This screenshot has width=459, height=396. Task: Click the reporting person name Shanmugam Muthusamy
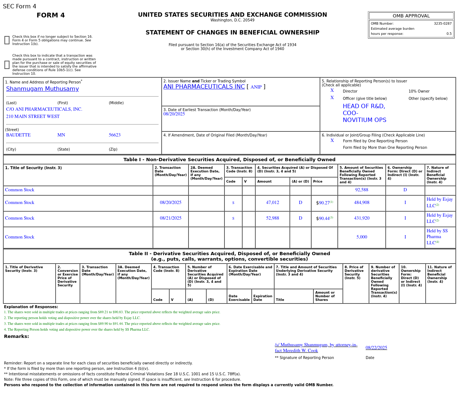[x=42, y=89]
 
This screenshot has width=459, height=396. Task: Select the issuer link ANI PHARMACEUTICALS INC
[x=204, y=87]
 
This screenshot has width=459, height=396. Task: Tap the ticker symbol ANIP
[x=256, y=87]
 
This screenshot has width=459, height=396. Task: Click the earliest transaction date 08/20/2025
[x=174, y=114]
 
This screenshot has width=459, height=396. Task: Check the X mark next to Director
[x=332, y=91]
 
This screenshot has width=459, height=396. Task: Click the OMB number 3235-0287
[x=442, y=24]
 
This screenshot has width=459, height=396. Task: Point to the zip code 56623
[x=114, y=135]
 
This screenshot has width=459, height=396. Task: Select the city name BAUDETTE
[x=18, y=135]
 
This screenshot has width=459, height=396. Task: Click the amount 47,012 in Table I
[x=272, y=203]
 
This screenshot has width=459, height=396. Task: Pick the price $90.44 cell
[x=324, y=219]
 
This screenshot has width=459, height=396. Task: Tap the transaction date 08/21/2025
[x=170, y=218]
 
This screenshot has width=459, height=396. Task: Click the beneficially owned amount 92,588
[x=361, y=190]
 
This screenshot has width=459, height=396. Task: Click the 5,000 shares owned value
[x=361, y=237]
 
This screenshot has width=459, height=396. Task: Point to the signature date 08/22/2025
[x=376, y=348]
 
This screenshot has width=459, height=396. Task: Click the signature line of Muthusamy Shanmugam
[x=316, y=348]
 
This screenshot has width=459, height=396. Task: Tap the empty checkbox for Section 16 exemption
[x=7, y=40]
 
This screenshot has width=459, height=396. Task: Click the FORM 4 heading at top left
[x=50, y=15]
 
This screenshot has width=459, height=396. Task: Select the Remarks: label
[x=16, y=336]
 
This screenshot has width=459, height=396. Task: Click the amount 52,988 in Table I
[x=272, y=218]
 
